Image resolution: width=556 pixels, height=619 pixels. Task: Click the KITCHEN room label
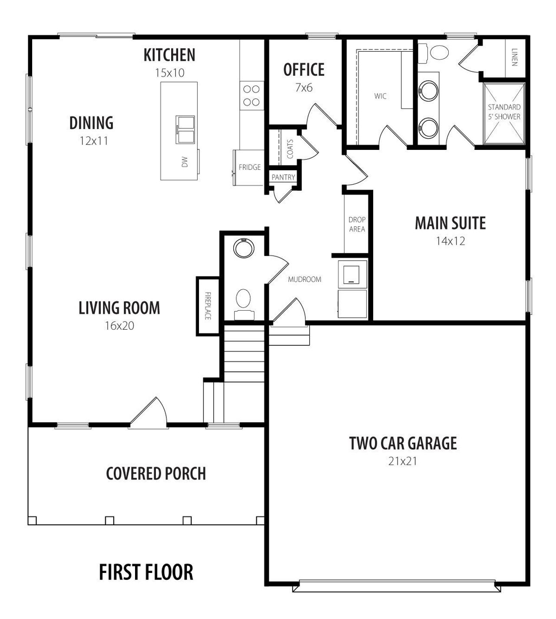pyautogui.click(x=169, y=55)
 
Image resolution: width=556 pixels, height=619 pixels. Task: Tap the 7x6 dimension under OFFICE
pyautogui.click(x=304, y=88)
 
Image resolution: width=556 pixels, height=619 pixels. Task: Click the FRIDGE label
pyautogui.click(x=249, y=167)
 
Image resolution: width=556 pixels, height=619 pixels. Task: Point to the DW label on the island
pyautogui.click(x=185, y=162)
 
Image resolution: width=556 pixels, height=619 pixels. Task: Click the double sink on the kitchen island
pyautogui.click(x=185, y=129)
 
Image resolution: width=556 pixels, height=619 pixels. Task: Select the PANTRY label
pyautogui.click(x=283, y=177)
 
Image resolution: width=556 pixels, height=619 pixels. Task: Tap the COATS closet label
pyautogui.click(x=290, y=149)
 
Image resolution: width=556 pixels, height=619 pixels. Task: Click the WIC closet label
pyautogui.click(x=380, y=96)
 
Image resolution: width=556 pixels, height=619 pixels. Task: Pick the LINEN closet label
pyautogui.click(x=514, y=56)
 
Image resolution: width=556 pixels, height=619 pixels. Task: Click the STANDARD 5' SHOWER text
pyautogui.click(x=504, y=112)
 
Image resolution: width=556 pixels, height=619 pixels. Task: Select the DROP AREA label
pyautogui.click(x=357, y=224)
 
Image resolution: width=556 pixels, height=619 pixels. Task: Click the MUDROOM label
pyautogui.click(x=304, y=279)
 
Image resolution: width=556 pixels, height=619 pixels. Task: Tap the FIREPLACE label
pyautogui.click(x=208, y=306)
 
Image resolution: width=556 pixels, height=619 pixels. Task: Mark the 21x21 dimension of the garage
pyautogui.click(x=403, y=461)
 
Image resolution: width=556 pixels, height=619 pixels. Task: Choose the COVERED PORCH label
pyautogui.click(x=156, y=473)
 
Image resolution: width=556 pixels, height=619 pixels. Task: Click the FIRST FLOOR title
pyautogui.click(x=146, y=572)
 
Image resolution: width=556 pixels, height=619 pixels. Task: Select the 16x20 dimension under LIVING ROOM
pyautogui.click(x=119, y=326)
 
